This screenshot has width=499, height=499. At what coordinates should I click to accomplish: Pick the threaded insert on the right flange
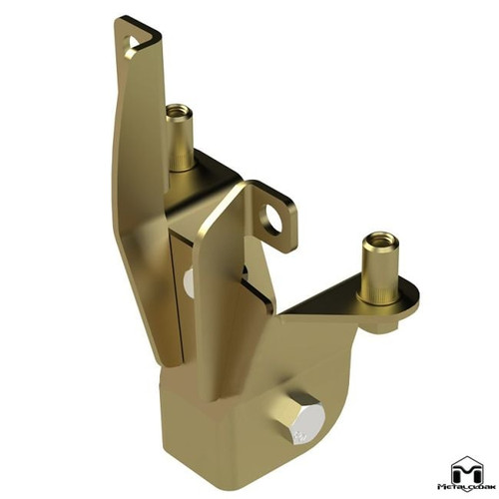pyautogui.click(x=380, y=269)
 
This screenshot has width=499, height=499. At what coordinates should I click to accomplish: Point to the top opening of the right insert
pyautogui.click(x=380, y=240)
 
